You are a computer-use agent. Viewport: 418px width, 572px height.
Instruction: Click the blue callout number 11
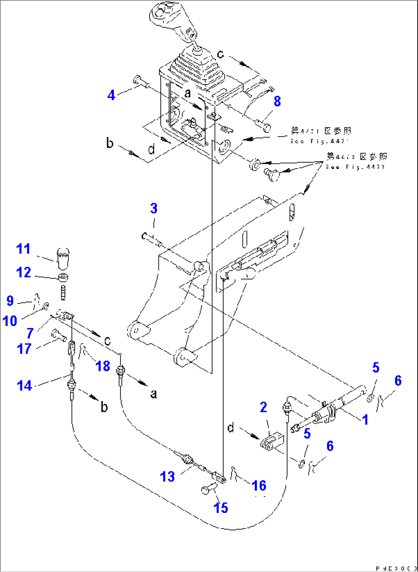point(23,249)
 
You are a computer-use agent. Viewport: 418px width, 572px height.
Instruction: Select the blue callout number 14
point(24,385)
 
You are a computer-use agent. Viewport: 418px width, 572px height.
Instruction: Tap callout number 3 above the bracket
point(154,208)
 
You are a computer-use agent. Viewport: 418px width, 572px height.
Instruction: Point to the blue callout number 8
point(277,101)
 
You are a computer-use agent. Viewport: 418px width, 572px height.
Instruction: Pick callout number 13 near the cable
point(167,477)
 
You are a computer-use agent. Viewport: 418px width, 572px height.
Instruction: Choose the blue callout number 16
point(259,486)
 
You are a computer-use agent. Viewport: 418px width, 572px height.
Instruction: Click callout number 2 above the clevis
point(263,407)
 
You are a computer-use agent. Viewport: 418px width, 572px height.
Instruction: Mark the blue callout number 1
point(365,420)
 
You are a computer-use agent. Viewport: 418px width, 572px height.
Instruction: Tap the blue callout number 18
point(103,366)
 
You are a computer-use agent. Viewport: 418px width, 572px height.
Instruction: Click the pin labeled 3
point(152,240)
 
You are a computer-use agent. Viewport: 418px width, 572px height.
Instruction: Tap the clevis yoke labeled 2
point(272,442)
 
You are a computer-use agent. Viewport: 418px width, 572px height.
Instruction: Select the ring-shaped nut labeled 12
point(63,278)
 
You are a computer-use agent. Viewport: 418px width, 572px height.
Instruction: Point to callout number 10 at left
point(10,321)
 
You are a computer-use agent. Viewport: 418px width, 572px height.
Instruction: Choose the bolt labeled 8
point(263,124)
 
